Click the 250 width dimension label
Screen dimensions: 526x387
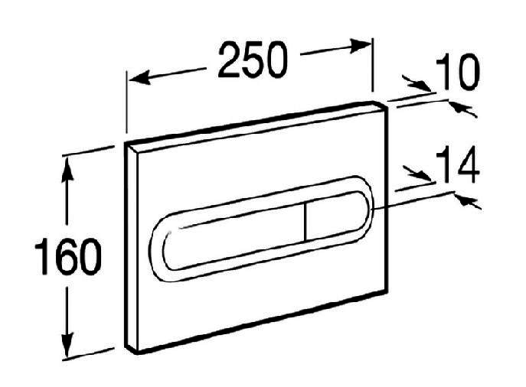(253, 60)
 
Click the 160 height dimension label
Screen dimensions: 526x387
(68, 256)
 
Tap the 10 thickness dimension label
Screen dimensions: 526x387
(458, 72)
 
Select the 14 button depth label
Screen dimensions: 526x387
(458, 164)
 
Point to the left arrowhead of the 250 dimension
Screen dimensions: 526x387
(139, 78)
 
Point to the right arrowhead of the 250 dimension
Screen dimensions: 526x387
(361, 46)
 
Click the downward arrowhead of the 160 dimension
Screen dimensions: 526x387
(68, 344)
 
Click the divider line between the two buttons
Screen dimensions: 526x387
(305, 222)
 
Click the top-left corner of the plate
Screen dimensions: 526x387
(126, 142)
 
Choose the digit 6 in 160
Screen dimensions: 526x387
(68, 256)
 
